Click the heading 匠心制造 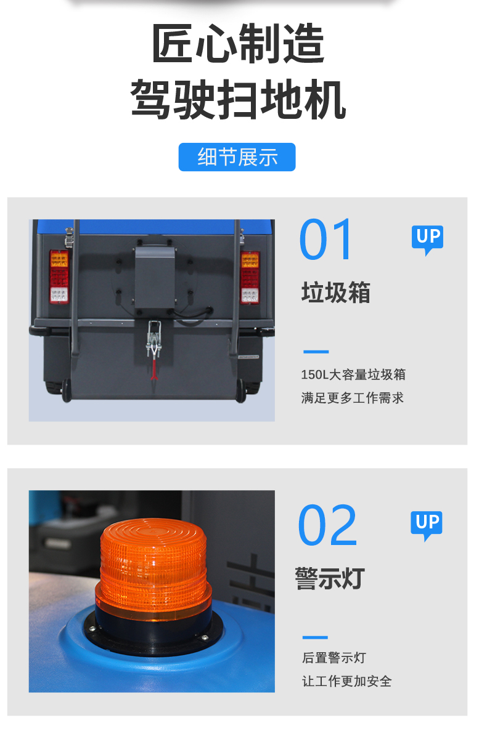[x=239, y=43]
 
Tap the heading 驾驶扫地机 [x=238, y=99]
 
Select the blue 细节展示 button [x=237, y=157]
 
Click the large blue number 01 [x=325, y=239]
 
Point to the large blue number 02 [x=327, y=525]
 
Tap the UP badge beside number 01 [x=428, y=240]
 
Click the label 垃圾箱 [x=336, y=293]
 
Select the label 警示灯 [x=330, y=578]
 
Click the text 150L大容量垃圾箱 [x=353, y=375]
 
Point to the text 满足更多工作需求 [x=352, y=398]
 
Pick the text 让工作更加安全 [x=347, y=681]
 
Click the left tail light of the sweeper [x=59, y=277]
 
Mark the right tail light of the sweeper [x=250, y=278]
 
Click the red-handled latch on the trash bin [x=154, y=349]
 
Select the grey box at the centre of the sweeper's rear [x=155, y=278]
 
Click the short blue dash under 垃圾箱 [x=316, y=352]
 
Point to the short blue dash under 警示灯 [x=315, y=637]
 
